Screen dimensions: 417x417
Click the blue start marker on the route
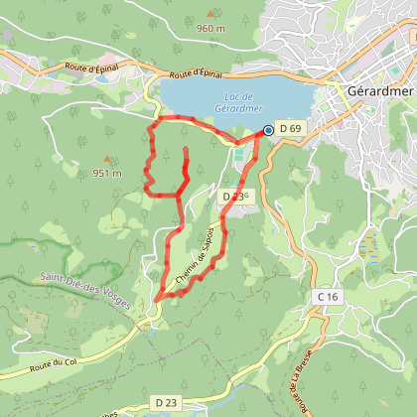268,130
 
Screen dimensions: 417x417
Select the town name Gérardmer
379,89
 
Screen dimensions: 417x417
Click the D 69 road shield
290,129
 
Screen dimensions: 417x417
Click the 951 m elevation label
107,173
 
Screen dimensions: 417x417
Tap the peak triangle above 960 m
210,14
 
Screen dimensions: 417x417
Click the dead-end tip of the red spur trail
186,150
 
